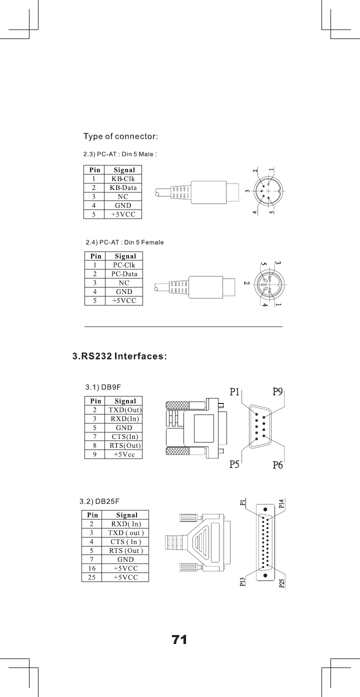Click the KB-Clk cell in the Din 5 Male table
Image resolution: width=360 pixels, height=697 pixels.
pyautogui.click(x=123, y=179)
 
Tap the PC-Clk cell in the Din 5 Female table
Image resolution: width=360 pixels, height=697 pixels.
pyautogui.click(x=124, y=265)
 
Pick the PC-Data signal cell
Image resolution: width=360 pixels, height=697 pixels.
pyautogui.click(x=124, y=274)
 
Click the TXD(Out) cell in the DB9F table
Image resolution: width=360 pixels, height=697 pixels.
pyautogui.click(x=125, y=410)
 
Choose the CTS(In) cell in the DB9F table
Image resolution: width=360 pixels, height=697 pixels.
pyautogui.click(x=125, y=437)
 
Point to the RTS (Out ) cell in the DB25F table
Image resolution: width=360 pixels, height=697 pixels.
pyautogui.click(x=126, y=550)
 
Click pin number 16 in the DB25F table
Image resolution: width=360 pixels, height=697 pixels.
pyautogui.click(x=92, y=568)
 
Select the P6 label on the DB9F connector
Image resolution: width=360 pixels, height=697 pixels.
pyautogui.click(x=278, y=465)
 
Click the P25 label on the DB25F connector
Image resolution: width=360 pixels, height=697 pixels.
pyautogui.click(x=281, y=583)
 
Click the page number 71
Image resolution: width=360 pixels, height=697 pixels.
pyautogui.click(x=179, y=639)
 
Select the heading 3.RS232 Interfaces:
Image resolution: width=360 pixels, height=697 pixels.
pyautogui.click(x=120, y=356)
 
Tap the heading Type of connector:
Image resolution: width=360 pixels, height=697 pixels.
pyautogui.click(x=121, y=136)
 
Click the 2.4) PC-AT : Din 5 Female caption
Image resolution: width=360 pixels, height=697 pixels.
pyautogui.click(x=125, y=242)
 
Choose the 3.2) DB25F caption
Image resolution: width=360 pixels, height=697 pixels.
pyautogui.click(x=100, y=500)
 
